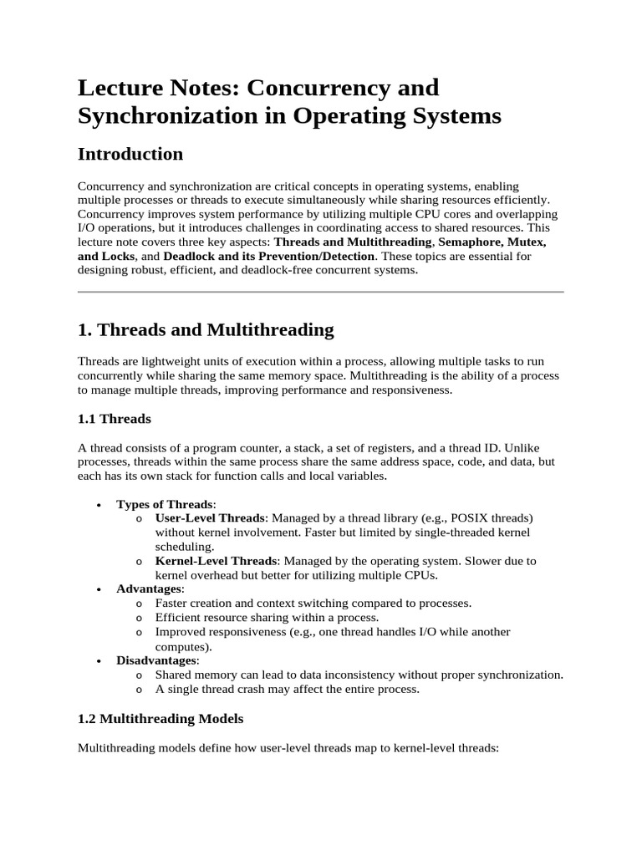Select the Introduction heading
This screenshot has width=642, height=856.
coord(130,155)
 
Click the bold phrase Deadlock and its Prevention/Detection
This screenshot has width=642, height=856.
coord(269,256)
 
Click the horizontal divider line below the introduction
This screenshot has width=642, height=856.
coord(320,292)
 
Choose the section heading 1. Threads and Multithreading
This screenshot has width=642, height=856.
coord(206,330)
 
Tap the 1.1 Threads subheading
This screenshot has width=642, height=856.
coord(115,418)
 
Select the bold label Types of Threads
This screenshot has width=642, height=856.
coord(165,504)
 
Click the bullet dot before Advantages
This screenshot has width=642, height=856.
coord(99,590)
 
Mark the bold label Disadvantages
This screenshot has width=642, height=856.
coord(157,660)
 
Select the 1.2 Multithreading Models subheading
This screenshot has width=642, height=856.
coord(160,719)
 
